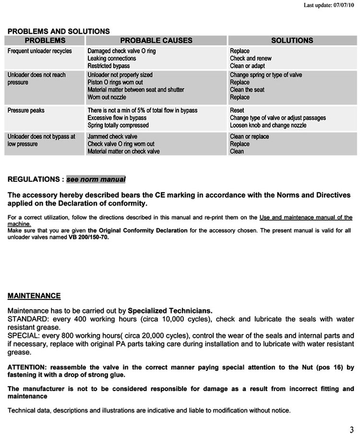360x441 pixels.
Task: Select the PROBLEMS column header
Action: point(45,41)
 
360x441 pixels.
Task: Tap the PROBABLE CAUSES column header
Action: point(156,41)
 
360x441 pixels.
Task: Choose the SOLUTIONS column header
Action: point(292,41)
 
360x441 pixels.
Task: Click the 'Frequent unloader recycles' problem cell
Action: point(40,51)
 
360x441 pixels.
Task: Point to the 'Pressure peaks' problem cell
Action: point(26,111)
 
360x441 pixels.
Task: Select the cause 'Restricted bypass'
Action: point(108,66)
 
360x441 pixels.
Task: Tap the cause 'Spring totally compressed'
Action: point(118,126)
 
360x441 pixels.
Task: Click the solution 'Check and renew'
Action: point(251,59)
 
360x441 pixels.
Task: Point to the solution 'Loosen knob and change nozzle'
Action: point(268,126)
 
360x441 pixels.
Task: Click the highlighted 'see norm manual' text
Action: point(96,179)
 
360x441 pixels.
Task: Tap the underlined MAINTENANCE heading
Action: point(34,296)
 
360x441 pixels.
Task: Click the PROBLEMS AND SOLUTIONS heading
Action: point(59,31)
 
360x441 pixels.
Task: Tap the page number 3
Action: point(351,429)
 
